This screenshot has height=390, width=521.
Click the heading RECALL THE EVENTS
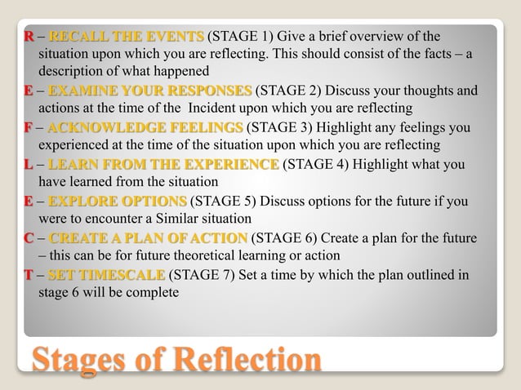point(126,37)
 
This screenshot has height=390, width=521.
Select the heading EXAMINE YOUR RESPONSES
point(150,91)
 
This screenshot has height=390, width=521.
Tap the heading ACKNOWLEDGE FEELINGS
point(145,127)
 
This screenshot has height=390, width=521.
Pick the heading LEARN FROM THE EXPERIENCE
point(163,164)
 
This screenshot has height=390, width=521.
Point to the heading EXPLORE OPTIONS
point(118,201)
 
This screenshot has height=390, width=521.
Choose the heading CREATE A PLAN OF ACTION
point(148,238)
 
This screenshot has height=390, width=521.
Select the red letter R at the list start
point(29,37)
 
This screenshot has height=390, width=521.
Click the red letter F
point(29,127)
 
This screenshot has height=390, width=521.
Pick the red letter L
point(29,164)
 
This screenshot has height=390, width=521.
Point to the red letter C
point(29,238)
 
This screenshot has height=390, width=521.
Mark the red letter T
point(29,275)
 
